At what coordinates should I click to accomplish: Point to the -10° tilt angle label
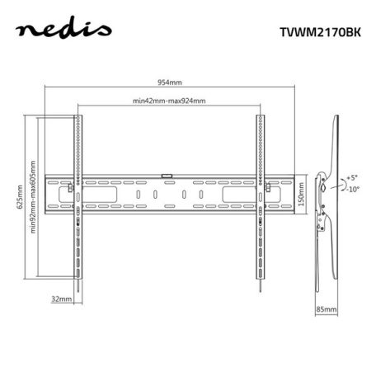[353, 189]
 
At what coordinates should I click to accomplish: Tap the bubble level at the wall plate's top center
[167, 175]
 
